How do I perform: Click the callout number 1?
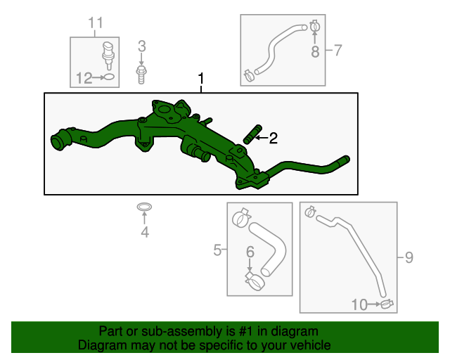click(x=202, y=78)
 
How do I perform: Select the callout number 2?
click(x=274, y=139)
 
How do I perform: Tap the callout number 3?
click(x=141, y=47)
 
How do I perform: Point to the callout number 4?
click(x=144, y=232)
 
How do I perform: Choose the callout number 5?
click(x=218, y=248)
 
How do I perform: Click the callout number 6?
click(x=250, y=252)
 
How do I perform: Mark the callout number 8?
click(x=315, y=51)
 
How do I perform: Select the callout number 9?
click(x=409, y=258)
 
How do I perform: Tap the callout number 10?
click(x=359, y=304)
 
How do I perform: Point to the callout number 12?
click(x=84, y=78)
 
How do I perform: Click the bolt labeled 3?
click(x=141, y=72)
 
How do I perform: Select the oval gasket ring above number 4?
click(x=143, y=207)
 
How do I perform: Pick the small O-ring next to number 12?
click(x=108, y=77)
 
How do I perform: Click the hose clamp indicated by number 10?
click(x=385, y=305)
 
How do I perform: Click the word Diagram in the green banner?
click(x=99, y=345)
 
